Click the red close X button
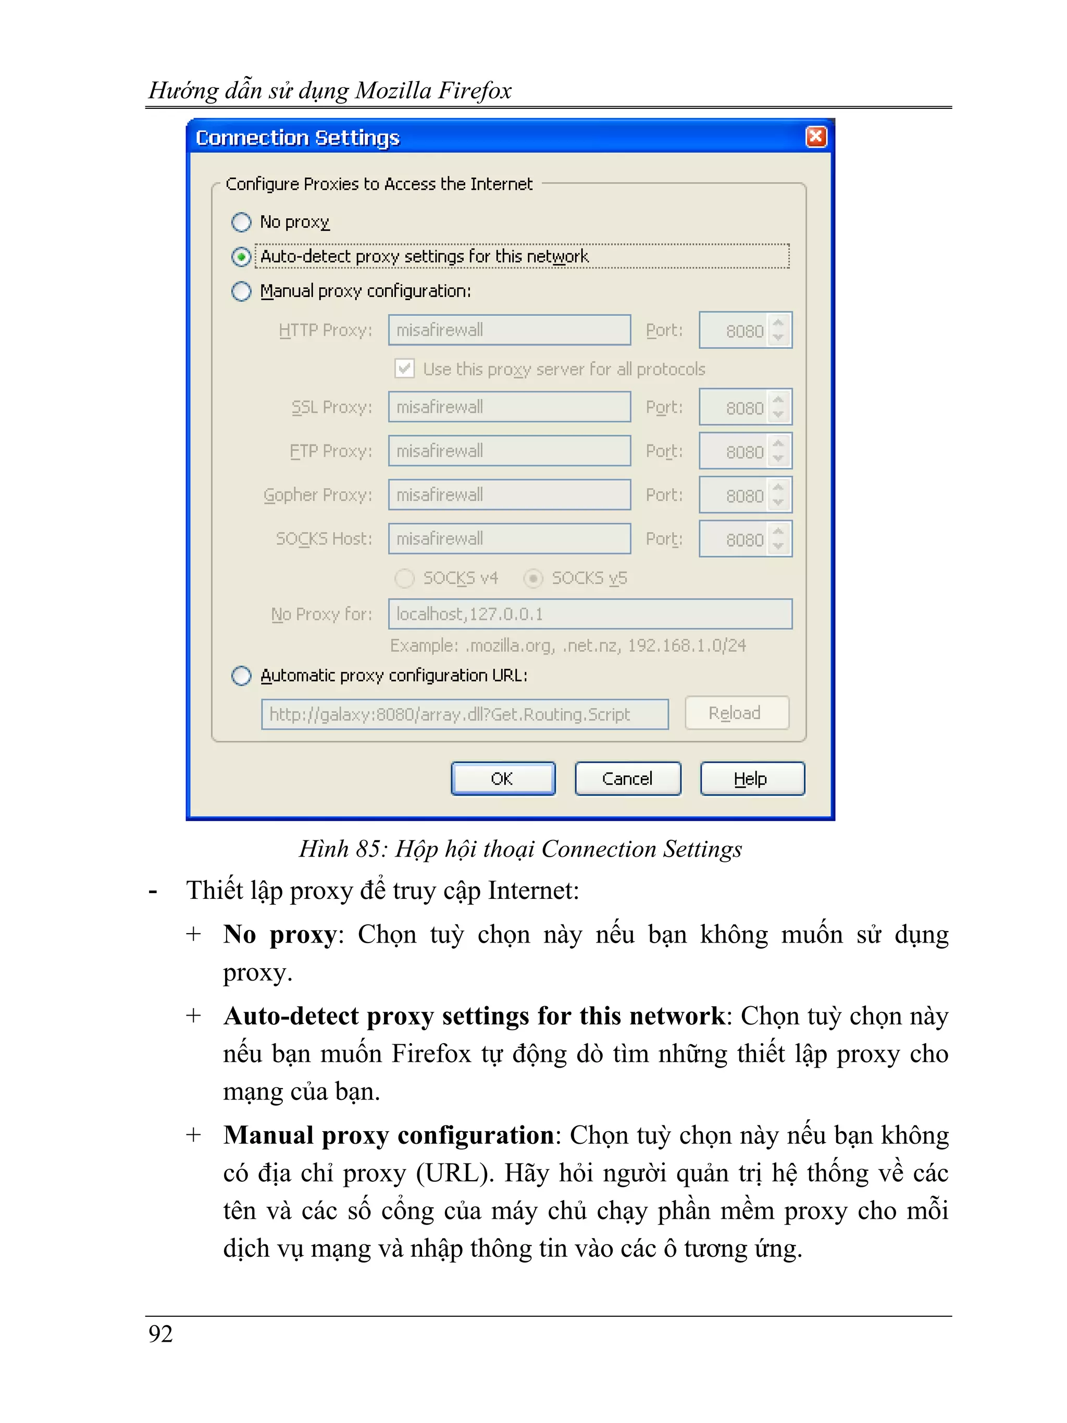pyautogui.click(x=815, y=137)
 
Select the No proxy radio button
pyautogui.click(x=241, y=222)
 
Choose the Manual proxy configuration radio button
pyautogui.click(x=241, y=291)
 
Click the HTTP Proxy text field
pyautogui.click(x=508, y=330)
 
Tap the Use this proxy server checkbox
pyautogui.click(x=404, y=368)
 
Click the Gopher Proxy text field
pyautogui.click(x=508, y=494)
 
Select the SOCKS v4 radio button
pyautogui.click(x=404, y=578)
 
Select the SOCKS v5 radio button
pyautogui.click(x=533, y=578)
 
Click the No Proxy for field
pyautogui.click(x=589, y=614)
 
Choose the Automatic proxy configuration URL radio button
pyautogui.click(x=241, y=675)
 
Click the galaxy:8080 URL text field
pyautogui.click(x=464, y=714)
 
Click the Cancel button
pyautogui.click(x=627, y=778)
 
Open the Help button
pyautogui.click(x=751, y=778)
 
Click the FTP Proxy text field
pyautogui.click(x=508, y=451)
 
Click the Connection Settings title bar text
pyautogui.click(x=297, y=138)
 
